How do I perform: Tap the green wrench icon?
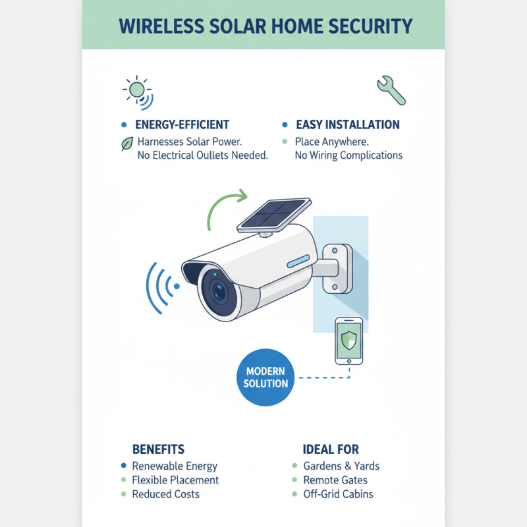pos(391,91)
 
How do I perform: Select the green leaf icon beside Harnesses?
pos(127,143)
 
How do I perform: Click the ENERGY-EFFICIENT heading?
pos(182,125)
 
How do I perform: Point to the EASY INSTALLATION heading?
pos(347,125)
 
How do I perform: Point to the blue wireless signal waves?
pos(162,286)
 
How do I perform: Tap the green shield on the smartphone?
pos(349,341)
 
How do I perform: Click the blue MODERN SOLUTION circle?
pos(266,377)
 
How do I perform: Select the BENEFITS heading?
pos(158,449)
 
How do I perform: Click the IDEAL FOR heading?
pos(331,449)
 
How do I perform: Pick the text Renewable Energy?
pos(175,466)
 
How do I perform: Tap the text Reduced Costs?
pos(165,494)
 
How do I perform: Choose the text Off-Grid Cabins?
pos(338,494)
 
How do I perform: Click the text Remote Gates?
pos(335,480)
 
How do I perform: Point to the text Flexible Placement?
pos(175,480)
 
